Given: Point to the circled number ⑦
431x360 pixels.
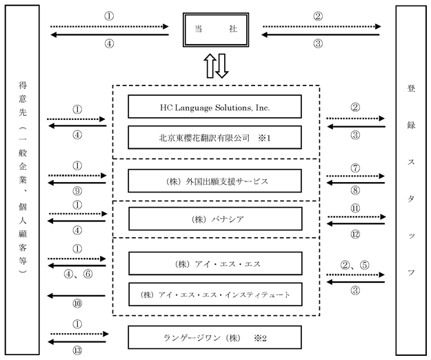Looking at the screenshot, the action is pos(355,168).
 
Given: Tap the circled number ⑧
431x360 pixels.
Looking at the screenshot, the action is pos(355,190).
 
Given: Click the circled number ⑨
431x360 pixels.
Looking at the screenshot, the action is pos(77,191).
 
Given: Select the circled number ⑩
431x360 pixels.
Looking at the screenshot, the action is pos(77,303).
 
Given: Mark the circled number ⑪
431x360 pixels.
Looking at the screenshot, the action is pos(355,208).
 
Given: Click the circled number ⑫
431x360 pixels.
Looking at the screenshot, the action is pos(355,234).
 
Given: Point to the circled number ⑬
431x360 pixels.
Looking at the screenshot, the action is pos(77,350).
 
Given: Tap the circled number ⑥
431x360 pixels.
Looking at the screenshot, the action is pos(88,274).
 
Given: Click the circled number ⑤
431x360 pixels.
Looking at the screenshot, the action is pos(365,265).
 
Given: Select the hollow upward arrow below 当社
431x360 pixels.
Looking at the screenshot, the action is pos(210,66).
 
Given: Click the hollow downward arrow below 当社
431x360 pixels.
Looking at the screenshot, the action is pos(221,66).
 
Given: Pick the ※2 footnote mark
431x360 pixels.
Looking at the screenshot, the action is pos(260,338).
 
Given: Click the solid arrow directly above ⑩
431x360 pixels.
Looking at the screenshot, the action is pos(77,296).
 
